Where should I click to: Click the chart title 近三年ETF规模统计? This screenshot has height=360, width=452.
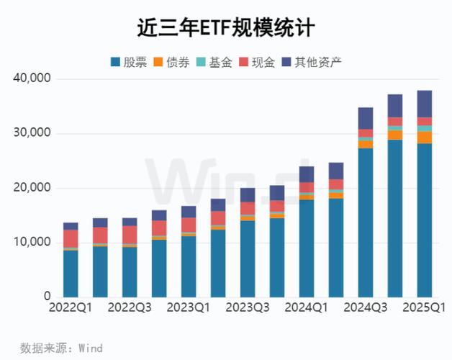pos(226,27)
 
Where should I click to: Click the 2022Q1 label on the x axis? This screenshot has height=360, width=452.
pos(71,308)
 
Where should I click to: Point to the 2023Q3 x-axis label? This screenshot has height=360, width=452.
pos(248,308)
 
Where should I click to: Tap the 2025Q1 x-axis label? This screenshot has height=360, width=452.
pos(425,308)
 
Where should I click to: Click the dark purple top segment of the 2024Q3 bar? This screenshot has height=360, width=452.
pos(366,118)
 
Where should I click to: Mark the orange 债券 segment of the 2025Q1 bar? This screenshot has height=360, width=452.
pos(425,138)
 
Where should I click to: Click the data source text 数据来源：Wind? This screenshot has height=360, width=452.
pos(61,348)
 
